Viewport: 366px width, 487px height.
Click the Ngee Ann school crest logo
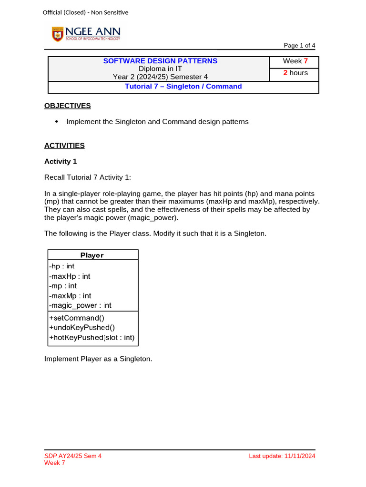[58, 34]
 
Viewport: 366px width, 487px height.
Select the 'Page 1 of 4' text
[299, 46]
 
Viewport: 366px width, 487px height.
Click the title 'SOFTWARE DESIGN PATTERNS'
[160, 61]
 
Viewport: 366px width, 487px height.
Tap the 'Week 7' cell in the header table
[295, 61]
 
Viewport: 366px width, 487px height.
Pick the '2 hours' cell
[295, 73]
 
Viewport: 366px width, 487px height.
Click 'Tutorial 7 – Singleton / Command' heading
[183, 87]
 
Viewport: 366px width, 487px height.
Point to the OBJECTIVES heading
[67, 106]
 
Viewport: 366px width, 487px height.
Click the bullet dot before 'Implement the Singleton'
[57, 122]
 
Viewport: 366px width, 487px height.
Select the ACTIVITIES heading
[64, 146]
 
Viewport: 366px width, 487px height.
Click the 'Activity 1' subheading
[61, 162]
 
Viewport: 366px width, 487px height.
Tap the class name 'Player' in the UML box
[92, 255]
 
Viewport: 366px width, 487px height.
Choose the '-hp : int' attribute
[61, 266]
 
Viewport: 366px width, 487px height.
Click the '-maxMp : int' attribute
[70, 295]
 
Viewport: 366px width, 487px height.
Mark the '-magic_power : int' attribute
[80, 305]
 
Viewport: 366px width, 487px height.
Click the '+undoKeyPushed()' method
[81, 328]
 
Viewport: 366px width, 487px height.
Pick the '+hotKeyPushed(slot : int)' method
[91, 338]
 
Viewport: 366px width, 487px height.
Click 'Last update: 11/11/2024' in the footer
[282, 456]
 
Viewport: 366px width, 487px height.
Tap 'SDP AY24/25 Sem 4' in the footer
[73, 456]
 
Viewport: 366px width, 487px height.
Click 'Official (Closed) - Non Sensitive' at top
[85, 12]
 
